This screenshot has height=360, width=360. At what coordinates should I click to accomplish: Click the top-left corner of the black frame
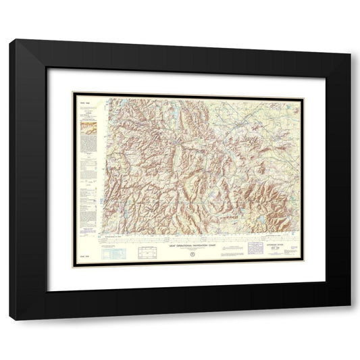coord(10,41)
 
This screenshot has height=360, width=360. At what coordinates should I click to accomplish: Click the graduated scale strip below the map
coord(196,239)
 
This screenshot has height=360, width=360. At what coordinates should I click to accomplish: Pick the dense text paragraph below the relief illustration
coord(86,143)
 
